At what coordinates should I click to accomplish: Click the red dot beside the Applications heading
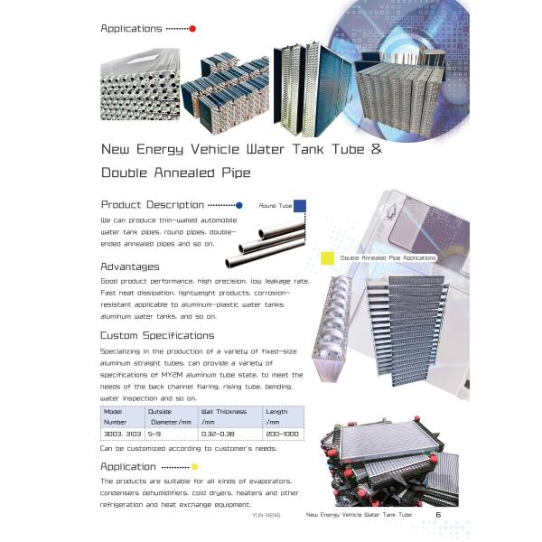pyautogui.click(x=192, y=29)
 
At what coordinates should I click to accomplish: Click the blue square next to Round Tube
pyautogui.click(x=300, y=206)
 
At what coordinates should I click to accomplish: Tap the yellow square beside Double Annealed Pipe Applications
pyautogui.click(x=327, y=258)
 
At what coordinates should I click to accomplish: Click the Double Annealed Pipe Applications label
pyautogui.click(x=388, y=258)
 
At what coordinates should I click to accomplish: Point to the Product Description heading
pyautogui.click(x=153, y=204)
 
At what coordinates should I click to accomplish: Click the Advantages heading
pyautogui.click(x=130, y=266)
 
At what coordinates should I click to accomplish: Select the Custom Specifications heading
pyautogui.click(x=157, y=335)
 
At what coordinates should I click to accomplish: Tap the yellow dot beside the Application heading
pyautogui.click(x=195, y=467)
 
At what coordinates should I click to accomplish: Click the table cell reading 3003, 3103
pyautogui.click(x=120, y=435)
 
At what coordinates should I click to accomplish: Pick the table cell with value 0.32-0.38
pyautogui.click(x=218, y=435)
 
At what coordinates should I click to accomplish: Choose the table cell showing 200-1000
pyautogui.click(x=279, y=435)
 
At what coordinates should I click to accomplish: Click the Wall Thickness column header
pyautogui.click(x=224, y=411)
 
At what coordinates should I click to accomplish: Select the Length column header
pyautogui.click(x=276, y=411)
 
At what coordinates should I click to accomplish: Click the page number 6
pyautogui.click(x=438, y=515)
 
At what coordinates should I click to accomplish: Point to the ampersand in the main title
pyautogui.click(x=376, y=149)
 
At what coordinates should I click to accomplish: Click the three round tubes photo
pyautogui.click(x=262, y=245)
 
